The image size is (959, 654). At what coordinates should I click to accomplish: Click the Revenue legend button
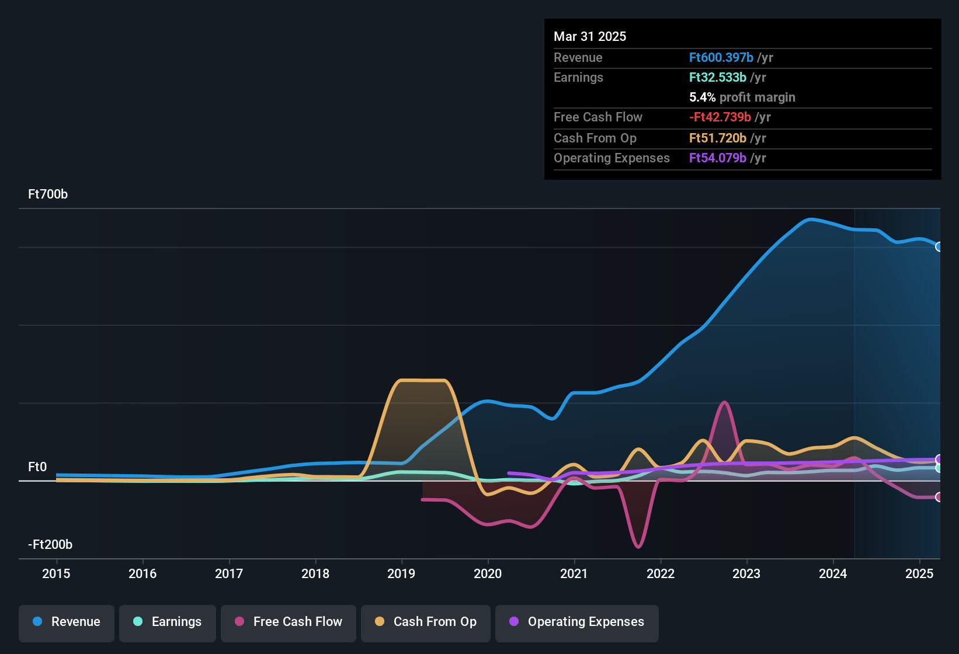coord(67,622)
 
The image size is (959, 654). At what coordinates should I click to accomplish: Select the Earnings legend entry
coord(168,622)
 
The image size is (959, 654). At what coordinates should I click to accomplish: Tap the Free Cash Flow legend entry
coord(289,622)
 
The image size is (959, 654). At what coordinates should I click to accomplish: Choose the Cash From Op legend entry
coord(426,622)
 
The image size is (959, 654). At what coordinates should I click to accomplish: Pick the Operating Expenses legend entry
coord(577,622)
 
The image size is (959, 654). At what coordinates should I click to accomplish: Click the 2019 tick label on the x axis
coord(401,574)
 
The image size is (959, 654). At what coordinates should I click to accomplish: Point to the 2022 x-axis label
coord(661,574)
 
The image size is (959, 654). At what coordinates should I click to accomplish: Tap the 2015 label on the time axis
coord(56,574)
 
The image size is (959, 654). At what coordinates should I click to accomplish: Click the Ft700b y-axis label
coord(48,194)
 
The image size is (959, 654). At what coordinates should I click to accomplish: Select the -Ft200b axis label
coord(50,545)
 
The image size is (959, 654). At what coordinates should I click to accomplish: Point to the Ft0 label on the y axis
coord(37,467)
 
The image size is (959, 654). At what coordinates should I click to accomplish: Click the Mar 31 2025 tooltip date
coord(590,37)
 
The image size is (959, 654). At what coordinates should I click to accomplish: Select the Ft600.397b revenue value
coord(721,58)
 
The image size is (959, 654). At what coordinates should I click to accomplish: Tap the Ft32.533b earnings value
coord(718,78)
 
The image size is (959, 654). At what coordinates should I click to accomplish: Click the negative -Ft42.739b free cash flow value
coord(720,117)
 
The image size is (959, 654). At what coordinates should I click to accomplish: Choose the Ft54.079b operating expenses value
coord(718,158)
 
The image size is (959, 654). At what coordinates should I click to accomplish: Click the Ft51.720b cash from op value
coord(718,138)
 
